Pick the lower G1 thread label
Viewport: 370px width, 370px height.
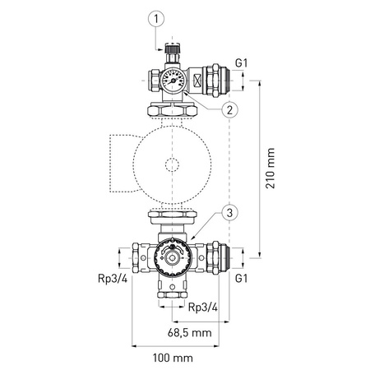pos(241,280)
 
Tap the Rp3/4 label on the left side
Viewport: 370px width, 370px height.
pos(110,279)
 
